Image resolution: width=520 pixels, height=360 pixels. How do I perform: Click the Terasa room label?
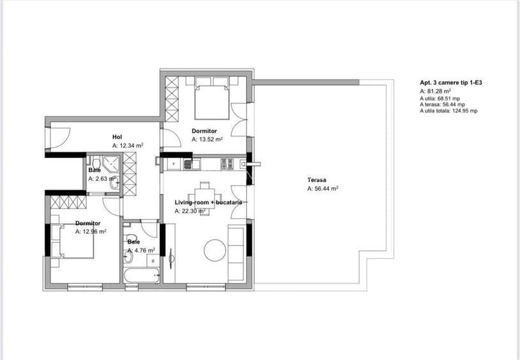(317, 180)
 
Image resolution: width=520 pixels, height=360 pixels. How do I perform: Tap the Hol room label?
(117, 137)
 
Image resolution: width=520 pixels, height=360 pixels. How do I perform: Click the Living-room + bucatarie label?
(208, 203)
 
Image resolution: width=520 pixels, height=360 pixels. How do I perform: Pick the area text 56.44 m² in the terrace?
(326, 189)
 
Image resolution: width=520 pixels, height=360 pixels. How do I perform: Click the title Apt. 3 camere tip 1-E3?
(451, 82)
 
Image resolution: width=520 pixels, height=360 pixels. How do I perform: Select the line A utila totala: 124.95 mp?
(448, 111)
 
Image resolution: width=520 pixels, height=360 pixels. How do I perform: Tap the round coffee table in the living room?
(215, 250)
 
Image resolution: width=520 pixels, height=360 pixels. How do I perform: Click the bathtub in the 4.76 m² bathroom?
(142, 276)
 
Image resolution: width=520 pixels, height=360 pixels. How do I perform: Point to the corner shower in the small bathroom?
(111, 162)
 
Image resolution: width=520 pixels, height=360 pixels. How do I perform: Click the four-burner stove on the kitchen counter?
(227, 164)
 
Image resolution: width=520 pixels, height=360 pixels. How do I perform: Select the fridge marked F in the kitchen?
(174, 164)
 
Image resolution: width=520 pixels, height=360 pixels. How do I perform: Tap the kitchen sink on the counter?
(188, 164)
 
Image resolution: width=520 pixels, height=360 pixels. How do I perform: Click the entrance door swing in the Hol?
(60, 137)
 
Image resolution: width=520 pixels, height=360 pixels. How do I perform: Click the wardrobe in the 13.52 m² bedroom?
(172, 99)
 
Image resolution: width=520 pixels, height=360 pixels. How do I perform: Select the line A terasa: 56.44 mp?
(443, 104)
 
